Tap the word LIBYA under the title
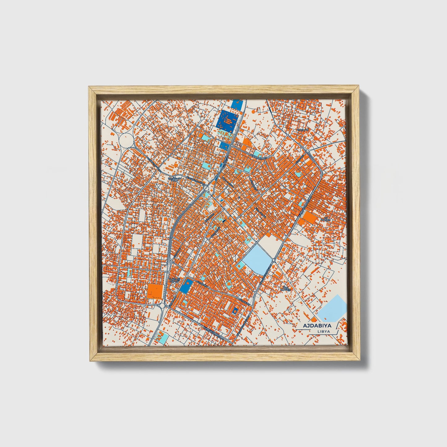pos(324,331)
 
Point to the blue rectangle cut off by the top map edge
pos(236,104)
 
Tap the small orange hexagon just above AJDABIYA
pos(314,319)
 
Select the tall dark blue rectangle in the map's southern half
pos(187,286)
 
